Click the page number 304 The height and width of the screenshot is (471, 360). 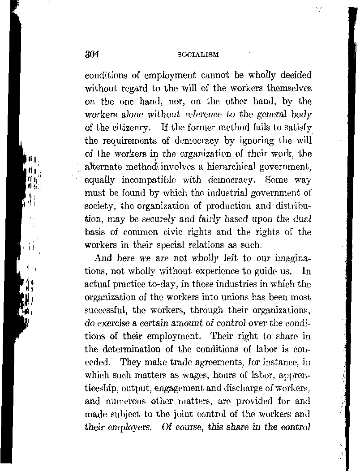pos(92,54)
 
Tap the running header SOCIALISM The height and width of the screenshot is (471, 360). pos(198,55)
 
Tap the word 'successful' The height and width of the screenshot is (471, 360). pos(104,309)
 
